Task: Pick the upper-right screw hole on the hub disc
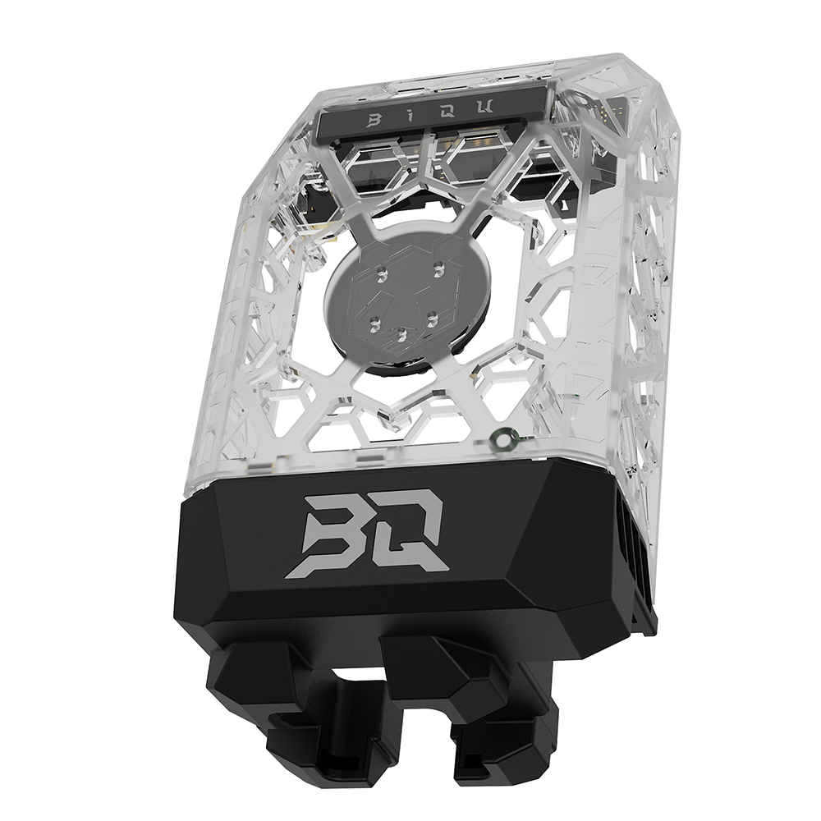pos(440,266)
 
